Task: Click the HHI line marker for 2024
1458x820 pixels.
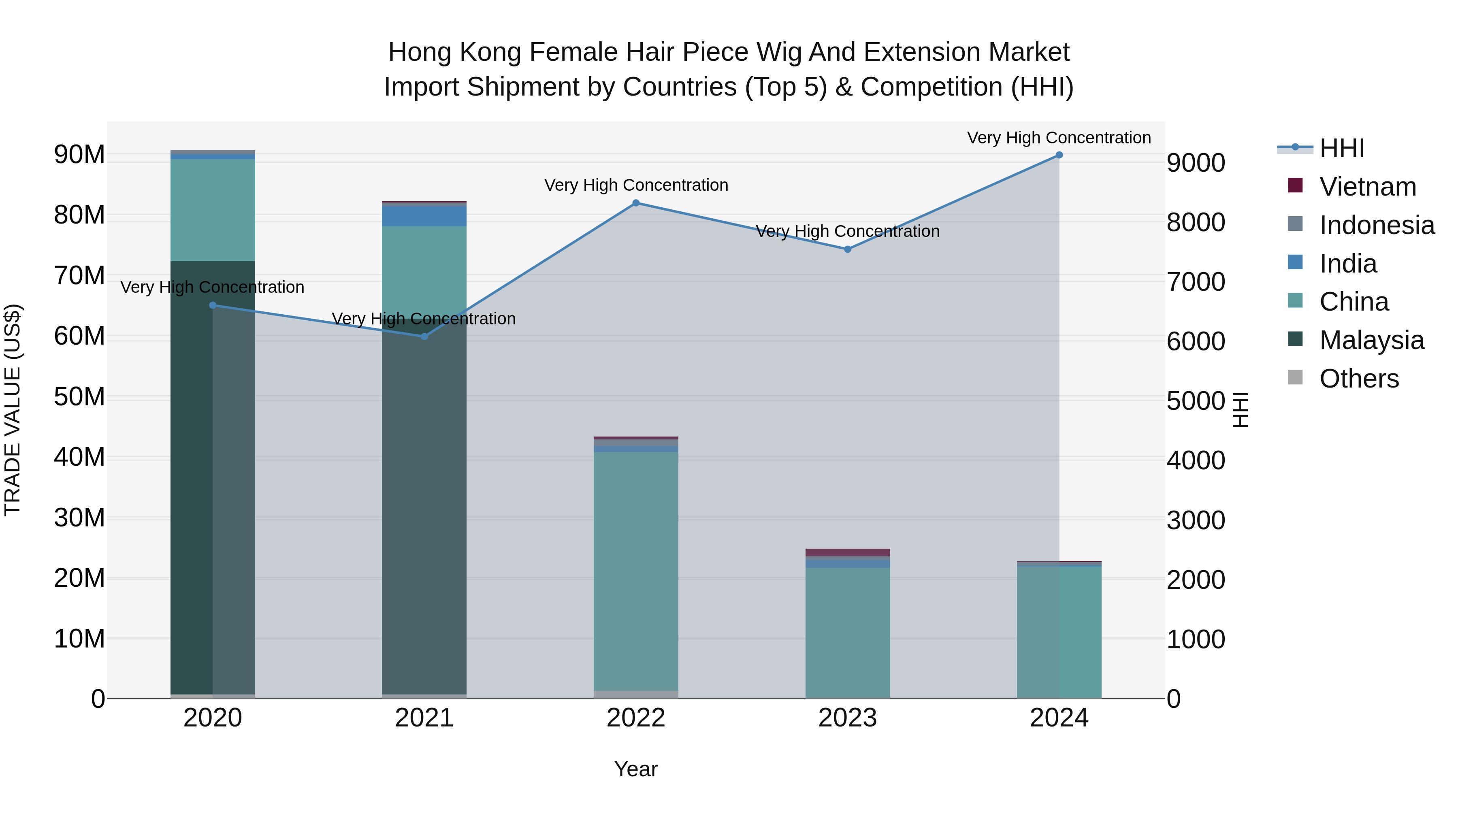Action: click(1059, 155)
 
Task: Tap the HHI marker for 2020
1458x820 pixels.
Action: click(213, 306)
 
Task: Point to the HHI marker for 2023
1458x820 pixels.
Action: click(847, 249)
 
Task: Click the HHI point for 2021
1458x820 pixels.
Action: click(424, 337)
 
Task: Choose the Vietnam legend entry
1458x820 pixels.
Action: click(1367, 187)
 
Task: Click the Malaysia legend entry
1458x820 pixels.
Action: click(1371, 340)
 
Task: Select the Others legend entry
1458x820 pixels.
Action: click(1359, 379)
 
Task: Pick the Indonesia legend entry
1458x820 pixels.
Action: click(1377, 225)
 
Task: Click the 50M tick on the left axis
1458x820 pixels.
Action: click(79, 397)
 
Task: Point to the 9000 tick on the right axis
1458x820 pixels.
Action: click(1196, 163)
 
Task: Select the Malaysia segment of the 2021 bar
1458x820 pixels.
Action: click(424, 509)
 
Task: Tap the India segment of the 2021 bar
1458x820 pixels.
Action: click(424, 215)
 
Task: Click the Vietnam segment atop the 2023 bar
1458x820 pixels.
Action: click(847, 552)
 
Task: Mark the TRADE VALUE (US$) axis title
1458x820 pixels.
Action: click(13, 410)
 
